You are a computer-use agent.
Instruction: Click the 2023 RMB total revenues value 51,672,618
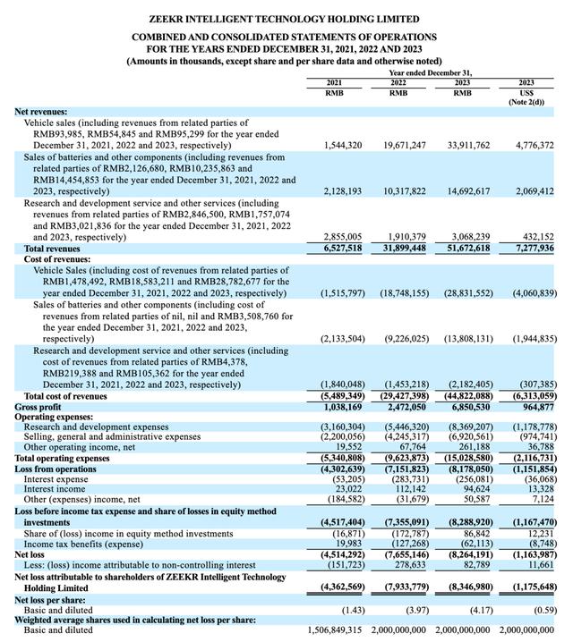(x=463, y=247)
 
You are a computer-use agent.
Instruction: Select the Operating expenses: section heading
(x=54, y=416)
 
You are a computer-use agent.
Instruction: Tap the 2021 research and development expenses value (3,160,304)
(x=336, y=427)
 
